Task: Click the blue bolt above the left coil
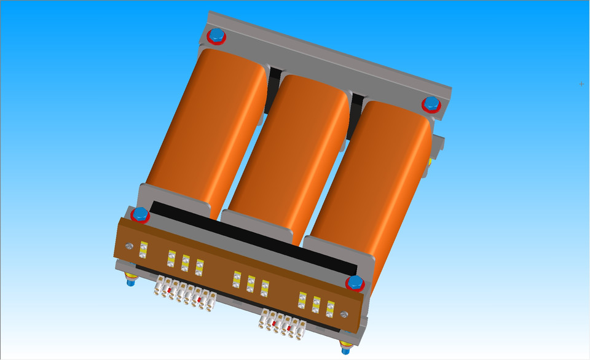(x=216, y=35)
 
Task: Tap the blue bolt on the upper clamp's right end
(x=431, y=103)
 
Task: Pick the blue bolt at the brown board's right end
(x=355, y=283)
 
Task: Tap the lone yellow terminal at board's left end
(x=143, y=249)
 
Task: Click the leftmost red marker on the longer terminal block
(x=169, y=288)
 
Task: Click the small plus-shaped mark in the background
(x=581, y=84)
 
